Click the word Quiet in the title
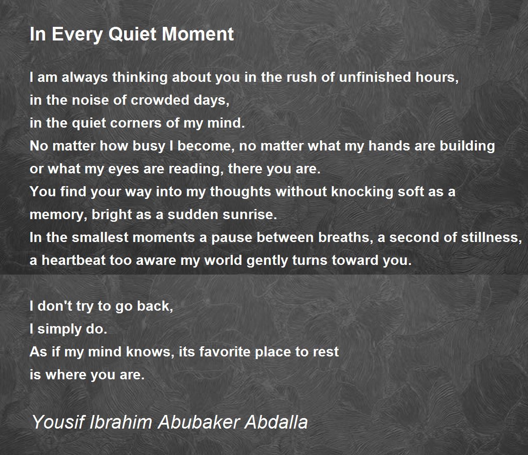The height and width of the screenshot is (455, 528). coord(133,34)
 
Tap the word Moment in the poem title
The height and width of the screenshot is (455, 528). coord(198,34)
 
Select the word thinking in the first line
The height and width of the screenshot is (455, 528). coord(140,77)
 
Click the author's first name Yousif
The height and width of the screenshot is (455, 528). coord(58,422)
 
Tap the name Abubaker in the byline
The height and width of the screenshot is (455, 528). coord(198,422)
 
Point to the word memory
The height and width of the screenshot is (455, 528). coord(59,215)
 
